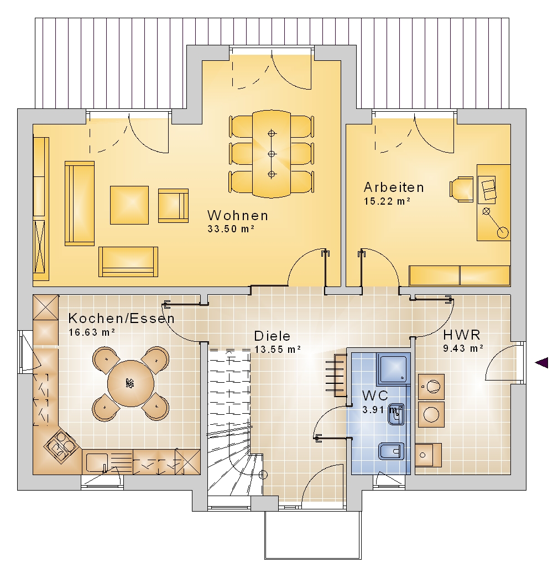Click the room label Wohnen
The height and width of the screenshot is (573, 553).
click(238, 215)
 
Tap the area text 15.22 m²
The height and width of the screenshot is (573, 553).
click(387, 201)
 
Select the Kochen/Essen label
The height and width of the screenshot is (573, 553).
click(122, 318)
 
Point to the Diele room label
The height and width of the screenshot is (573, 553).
click(272, 336)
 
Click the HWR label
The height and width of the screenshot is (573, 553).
click(462, 335)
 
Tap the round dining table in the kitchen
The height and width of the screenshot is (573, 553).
click(131, 383)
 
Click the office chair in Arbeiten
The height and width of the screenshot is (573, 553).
click(461, 189)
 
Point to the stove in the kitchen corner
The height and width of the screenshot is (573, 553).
click(61, 447)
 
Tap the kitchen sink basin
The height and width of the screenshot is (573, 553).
click(97, 462)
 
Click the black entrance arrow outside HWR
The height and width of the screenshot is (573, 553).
click(541, 363)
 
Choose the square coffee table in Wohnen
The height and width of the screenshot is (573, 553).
click(129, 205)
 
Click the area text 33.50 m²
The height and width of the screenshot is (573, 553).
click(231, 229)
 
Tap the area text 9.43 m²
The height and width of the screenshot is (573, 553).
click(463, 348)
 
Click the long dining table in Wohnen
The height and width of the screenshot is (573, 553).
click(272, 154)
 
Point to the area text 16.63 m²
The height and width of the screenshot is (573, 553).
click(92, 332)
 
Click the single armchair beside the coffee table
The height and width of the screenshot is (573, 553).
click(174, 206)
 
